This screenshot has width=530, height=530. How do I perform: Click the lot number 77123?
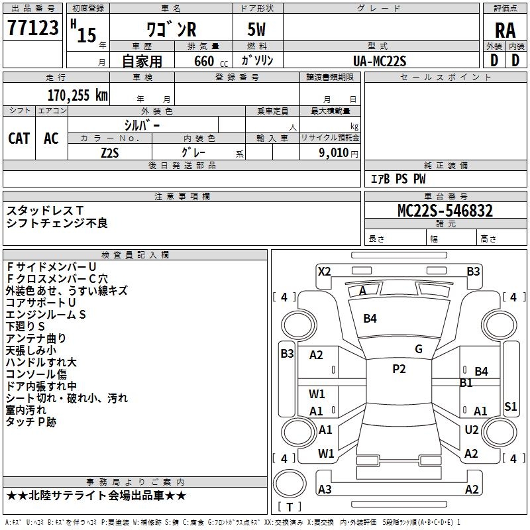click(x=32, y=28)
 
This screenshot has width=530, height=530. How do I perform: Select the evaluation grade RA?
click(x=505, y=30)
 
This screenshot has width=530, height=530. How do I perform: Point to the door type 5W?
click(x=258, y=30)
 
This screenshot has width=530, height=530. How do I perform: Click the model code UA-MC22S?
click(x=380, y=61)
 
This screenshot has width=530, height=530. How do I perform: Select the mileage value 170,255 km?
click(x=77, y=95)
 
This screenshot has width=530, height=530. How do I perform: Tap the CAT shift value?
click(x=19, y=138)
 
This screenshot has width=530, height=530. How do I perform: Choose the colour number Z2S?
click(x=110, y=152)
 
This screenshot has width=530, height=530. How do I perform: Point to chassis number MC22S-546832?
click(x=445, y=211)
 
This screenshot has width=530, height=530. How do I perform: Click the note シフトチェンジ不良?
click(x=57, y=223)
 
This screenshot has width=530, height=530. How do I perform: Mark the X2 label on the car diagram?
click(x=324, y=271)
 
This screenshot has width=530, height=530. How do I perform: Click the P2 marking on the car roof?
click(x=399, y=369)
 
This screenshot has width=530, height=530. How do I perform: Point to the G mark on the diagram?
click(x=419, y=349)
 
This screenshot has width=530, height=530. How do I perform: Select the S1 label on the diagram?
click(x=510, y=407)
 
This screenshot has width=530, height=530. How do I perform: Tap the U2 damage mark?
click(x=472, y=430)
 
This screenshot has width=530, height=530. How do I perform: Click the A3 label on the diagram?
click(x=325, y=490)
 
